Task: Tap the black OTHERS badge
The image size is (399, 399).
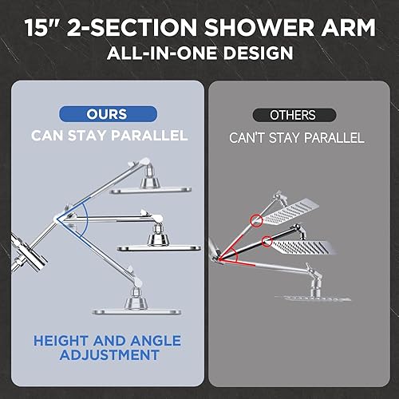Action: (x=294, y=115)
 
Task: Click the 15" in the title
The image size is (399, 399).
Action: (x=43, y=28)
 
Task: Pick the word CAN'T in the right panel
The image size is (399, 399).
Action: (x=250, y=138)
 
